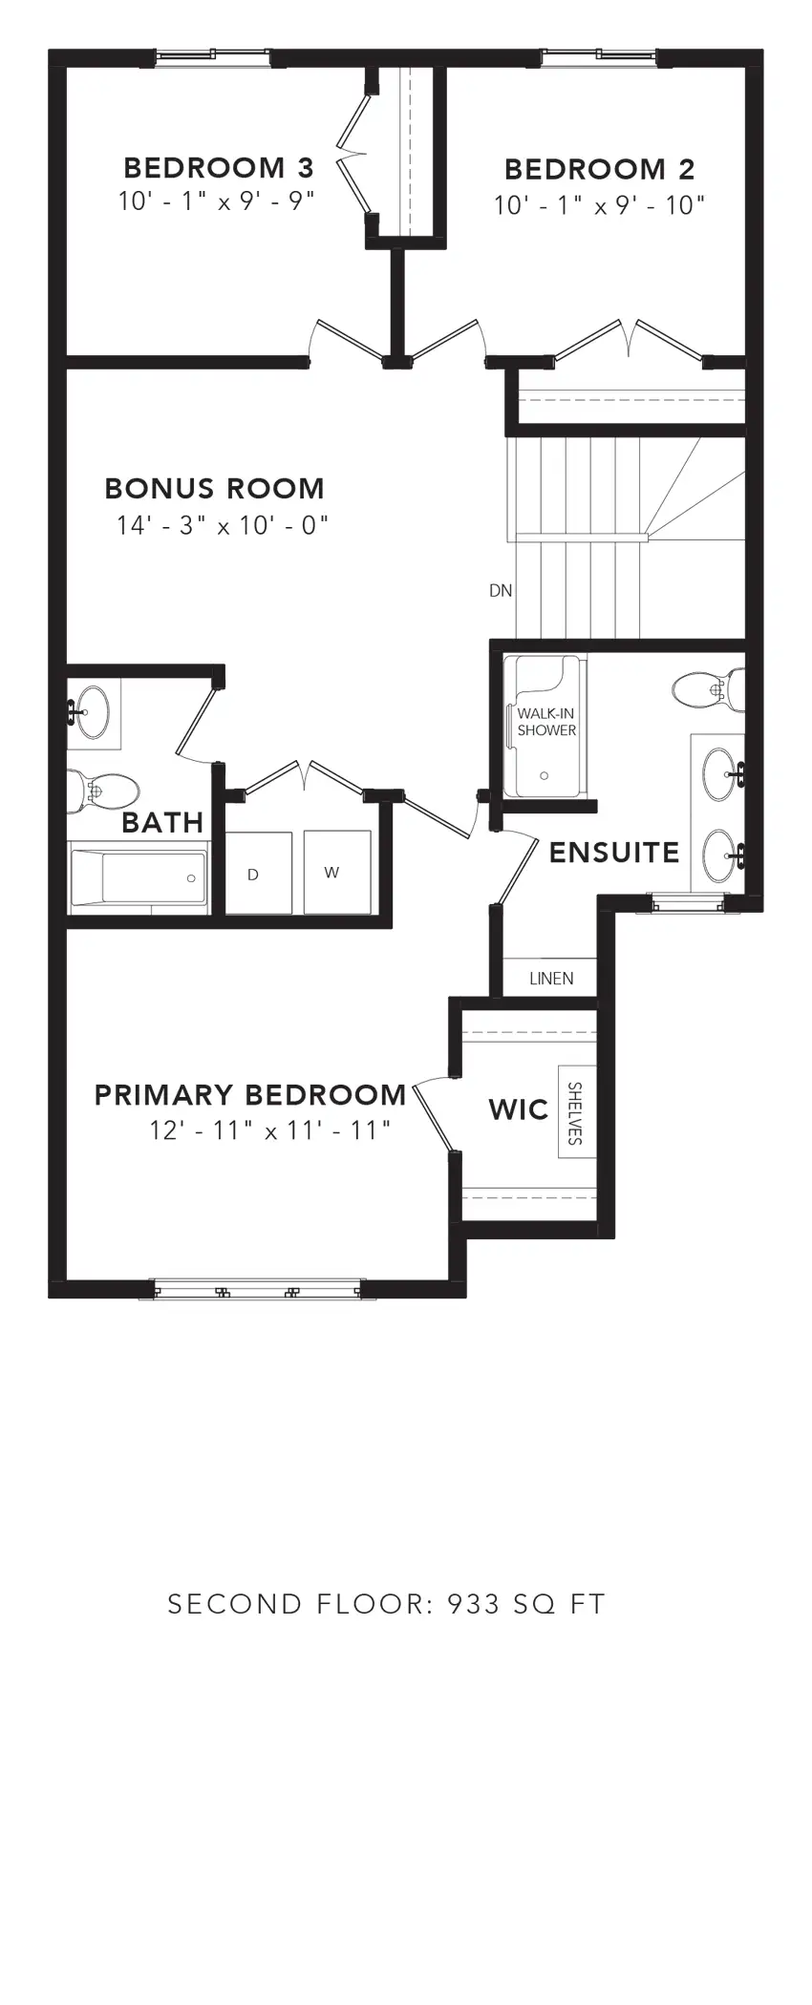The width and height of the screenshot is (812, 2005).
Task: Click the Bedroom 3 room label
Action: click(218, 168)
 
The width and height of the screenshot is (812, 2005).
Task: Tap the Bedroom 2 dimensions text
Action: click(599, 205)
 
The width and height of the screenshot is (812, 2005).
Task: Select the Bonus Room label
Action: click(214, 489)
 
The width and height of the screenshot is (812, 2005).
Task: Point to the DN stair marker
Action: click(501, 591)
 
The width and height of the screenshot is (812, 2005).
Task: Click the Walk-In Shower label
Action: click(546, 722)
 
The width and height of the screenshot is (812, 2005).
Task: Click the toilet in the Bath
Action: click(105, 791)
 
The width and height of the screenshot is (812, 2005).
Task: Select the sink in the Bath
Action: click(92, 711)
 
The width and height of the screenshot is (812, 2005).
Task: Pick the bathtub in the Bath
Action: click(139, 876)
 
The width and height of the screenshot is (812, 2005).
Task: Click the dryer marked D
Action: click(253, 874)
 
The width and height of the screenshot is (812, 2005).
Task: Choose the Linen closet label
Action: click(551, 979)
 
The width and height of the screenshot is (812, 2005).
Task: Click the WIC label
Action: click(519, 1109)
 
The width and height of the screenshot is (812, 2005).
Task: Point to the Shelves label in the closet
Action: click(575, 1113)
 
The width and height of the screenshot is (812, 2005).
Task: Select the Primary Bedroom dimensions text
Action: click(270, 1130)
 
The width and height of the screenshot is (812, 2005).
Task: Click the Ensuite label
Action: click(614, 853)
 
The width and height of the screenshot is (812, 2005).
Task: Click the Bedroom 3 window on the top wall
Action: click(212, 57)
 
